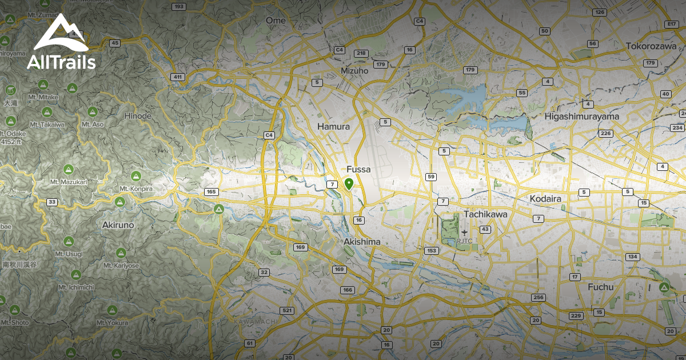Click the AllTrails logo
(x=61, y=43)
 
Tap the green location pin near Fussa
(x=349, y=184)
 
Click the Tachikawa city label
(x=485, y=214)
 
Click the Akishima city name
(x=362, y=242)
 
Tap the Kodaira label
(x=545, y=198)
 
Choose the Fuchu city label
(x=600, y=287)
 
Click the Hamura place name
(x=333, y=126)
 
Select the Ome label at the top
(x=276, y=21)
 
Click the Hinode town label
(x=137, y=116)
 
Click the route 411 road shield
(x=178, y=77)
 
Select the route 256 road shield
(x=537, y=298)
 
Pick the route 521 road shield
(x=287, y=311)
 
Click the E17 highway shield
(x=672, y=24)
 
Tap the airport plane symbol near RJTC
(x=464, y=233)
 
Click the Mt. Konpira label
(x=136, y=189)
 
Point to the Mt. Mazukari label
(x=68, y=182)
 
